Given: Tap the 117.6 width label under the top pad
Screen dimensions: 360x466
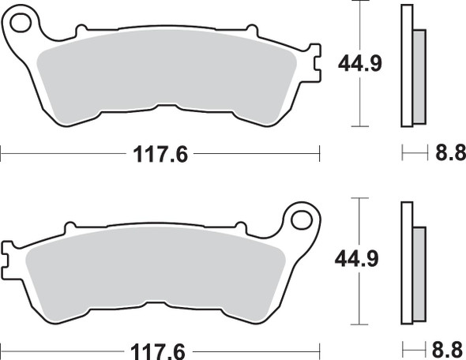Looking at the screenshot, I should click(x=160, y=155).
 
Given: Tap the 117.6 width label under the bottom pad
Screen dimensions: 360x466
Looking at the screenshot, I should click(x=160, y=349).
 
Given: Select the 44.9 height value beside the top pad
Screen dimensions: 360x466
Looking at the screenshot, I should click(x=360, y=62).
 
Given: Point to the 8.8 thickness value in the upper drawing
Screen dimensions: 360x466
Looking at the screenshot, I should click(x=446, y=155).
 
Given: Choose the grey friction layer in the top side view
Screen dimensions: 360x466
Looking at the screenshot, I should click(x=419, y=76).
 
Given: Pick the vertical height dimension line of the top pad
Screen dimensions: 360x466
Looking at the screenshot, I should click(x=360, y=103).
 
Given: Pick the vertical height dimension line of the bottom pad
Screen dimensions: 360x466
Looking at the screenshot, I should click(x=360, y=300).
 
